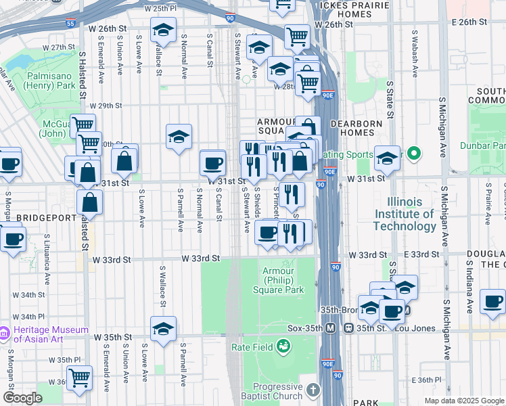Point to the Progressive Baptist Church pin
click(x=312, y=390)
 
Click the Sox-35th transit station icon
click(x=331, y=328)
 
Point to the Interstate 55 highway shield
click(x=71, y=23)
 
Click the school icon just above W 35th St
click(x=164, y=329)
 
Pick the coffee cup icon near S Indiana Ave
click(x=492, y=301)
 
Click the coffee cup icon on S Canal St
click(x=213, y=162)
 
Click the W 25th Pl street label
click(x=161, y=9)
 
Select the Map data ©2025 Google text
click(x=463, y=401)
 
